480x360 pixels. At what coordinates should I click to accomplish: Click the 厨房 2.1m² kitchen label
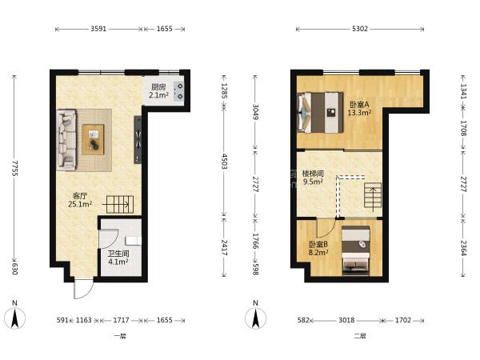point(158,91)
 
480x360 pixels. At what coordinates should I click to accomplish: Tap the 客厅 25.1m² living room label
point(80,200)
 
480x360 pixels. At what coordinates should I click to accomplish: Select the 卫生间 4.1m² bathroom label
point(118,258)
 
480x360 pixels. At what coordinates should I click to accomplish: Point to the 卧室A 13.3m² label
point(359,108)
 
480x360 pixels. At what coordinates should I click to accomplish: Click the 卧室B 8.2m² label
point(318,248)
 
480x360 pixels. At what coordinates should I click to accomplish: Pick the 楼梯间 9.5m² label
point(313,178)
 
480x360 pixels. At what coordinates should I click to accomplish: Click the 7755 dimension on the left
point(14,168)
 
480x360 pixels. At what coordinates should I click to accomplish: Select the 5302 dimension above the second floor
point(360,29)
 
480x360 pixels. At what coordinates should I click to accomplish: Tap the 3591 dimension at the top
point(98,29)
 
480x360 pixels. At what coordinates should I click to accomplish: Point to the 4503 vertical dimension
point(224,162)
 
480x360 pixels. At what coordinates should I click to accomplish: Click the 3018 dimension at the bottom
point(346,320)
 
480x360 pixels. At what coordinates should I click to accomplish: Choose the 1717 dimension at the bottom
point(122,320)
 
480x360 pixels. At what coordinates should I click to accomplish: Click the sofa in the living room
point(66,140)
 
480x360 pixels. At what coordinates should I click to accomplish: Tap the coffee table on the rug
point(93,139)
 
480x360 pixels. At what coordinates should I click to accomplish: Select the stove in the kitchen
point(178,91)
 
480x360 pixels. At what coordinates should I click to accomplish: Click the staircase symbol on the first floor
point(120,204)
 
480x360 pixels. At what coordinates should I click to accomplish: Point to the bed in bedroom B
point(356,250)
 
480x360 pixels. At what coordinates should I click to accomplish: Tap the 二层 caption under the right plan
point(360,336)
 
